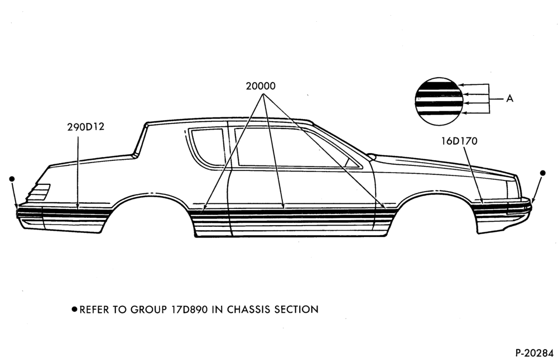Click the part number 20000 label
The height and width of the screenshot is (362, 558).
point(261,86)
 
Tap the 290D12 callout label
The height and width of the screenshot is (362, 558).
point(86,127)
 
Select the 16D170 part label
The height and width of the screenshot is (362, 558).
point(459,141)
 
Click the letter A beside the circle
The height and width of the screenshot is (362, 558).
point(509,98)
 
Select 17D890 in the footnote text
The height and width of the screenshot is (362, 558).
point(189,309)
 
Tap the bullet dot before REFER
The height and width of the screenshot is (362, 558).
point(74,309)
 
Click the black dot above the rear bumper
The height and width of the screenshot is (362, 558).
point(12,179)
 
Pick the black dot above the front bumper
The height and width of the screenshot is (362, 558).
point(543,173)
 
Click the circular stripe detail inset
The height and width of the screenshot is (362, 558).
point(439,102)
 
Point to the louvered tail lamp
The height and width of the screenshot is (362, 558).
point(39,191)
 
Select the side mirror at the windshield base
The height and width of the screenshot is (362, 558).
point(372,156)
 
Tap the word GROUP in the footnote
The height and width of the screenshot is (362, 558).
point(148,309)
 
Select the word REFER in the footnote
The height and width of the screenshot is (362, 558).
point(94,309)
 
